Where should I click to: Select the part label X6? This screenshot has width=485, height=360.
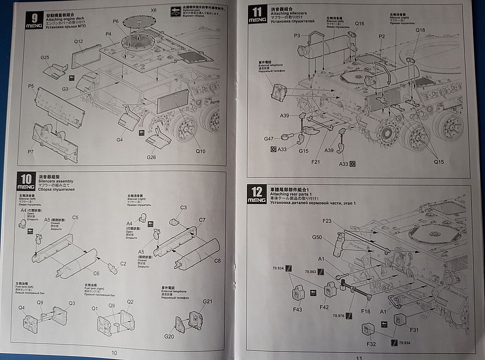(x=153, y=11)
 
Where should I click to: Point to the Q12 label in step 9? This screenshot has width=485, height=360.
(x=78, y=41)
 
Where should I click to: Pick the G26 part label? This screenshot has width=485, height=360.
(x=151, y=157)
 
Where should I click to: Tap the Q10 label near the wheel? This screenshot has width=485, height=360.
(x=201, y=151)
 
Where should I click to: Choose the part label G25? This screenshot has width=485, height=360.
(x=45, y=57)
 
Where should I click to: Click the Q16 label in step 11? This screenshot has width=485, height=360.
(x=360, y=24)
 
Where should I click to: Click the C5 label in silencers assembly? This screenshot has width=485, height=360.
(x=75, y=218)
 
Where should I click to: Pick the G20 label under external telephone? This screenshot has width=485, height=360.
(x=169, y=336)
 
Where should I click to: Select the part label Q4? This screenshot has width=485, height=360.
(x=22, y=308)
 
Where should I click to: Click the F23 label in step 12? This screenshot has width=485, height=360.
(x=327, y=220)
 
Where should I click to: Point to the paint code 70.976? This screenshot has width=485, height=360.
(x=339, y=315)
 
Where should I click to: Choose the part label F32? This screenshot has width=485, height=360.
(x=371, y=344)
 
